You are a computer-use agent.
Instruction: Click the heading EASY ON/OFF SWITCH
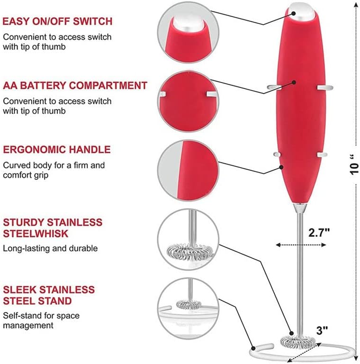57,21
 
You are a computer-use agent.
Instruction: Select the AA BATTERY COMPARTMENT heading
75,85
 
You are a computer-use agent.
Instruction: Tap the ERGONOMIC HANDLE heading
56,149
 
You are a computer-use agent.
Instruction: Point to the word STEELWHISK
36,234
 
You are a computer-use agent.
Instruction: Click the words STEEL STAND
37,301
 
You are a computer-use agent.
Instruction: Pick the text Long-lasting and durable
50,248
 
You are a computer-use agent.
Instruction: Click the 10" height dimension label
354,164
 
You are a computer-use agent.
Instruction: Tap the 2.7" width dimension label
319,232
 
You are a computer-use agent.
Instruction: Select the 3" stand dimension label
322,330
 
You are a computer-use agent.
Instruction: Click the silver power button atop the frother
301,11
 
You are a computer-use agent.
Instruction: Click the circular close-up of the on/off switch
188,32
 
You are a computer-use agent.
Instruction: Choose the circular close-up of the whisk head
188,239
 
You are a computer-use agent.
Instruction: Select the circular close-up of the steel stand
188,308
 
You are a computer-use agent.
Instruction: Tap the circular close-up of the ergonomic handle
188,170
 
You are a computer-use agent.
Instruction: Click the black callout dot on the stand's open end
253,348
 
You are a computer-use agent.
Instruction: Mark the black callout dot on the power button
293,13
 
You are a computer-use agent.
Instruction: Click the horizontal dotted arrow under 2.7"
301,245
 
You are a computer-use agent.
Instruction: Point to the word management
28,326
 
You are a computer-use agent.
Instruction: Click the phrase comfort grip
26,175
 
